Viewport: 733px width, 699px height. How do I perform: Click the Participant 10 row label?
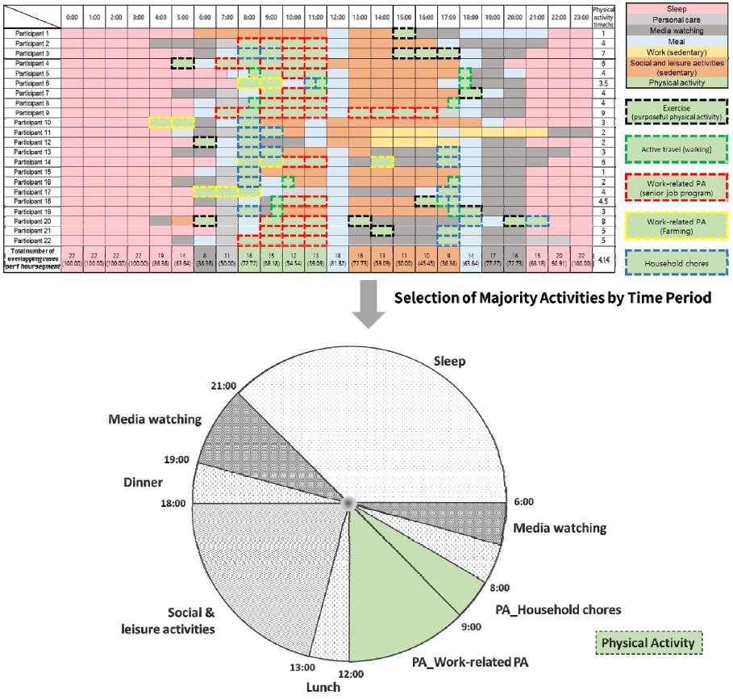point(32,122)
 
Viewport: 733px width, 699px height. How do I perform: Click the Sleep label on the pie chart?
point(449,360)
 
